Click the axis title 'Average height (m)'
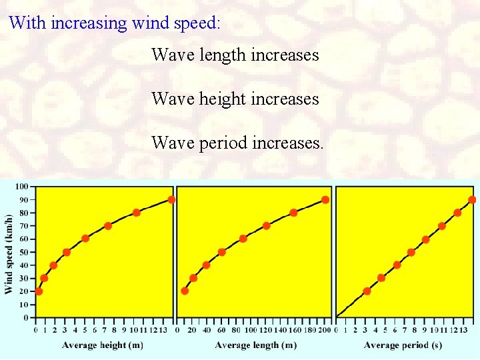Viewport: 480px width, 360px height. pos(103,345)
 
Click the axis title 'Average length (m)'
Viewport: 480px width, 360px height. pos(256,345)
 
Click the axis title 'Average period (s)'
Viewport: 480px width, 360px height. pos(403,345)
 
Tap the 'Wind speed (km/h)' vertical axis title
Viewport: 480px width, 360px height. pos(9,253)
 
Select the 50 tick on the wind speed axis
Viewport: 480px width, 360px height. pos(23,252)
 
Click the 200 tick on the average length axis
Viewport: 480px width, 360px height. pos(325,330)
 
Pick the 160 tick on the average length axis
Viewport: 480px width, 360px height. pos(293,330)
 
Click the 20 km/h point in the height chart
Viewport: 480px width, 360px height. pos(39,291)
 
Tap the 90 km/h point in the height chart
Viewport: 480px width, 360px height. pos(171,199)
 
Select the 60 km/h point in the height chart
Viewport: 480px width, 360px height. pos(85,239)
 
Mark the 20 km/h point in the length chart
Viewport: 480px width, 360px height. pos(185,291)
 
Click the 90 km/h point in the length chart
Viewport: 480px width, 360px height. pos(325,199)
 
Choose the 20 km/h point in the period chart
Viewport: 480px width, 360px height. pos(367,291)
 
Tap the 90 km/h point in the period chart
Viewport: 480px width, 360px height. pos(472,199)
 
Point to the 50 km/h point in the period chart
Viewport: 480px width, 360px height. pos(411,252)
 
